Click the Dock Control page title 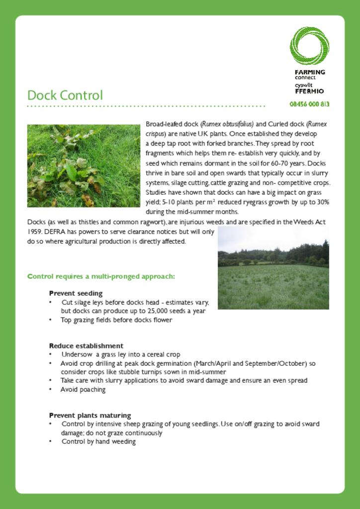pos(65,95)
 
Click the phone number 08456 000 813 pos(309,104)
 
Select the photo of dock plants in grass pos(84,166)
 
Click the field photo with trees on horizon pos(273,268)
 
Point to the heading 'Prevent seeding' pos(76,293)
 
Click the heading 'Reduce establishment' pos(86,345)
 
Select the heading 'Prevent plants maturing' pos(90,415)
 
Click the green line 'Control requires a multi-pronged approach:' pos(101,276)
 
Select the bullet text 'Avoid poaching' pos(83,390)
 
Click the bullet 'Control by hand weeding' pos(98,441)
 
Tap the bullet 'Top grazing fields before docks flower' pos(116,320)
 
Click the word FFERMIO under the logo pos(309,91)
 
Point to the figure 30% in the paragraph pos(323,202)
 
